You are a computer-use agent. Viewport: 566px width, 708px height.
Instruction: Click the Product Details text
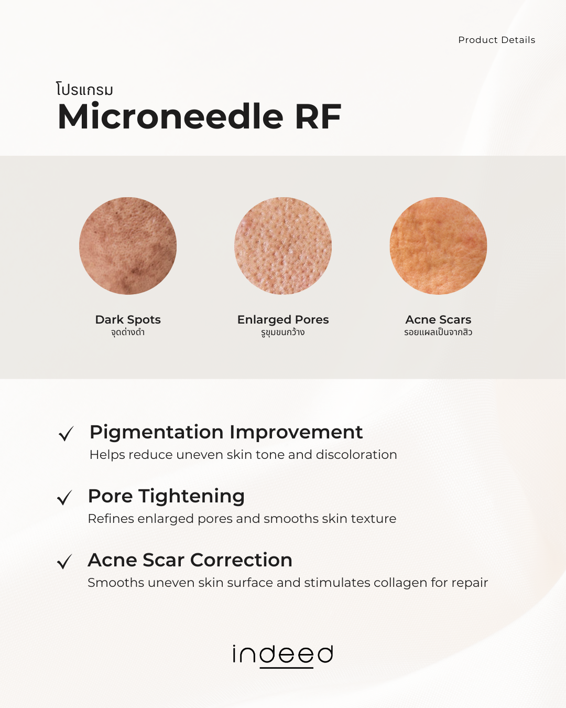coord(496,40)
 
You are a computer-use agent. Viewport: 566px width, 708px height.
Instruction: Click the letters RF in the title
coord(318,116)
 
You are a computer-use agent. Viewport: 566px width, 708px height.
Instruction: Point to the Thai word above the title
coord(85,90)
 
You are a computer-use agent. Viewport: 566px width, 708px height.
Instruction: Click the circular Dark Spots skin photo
coord(128,245)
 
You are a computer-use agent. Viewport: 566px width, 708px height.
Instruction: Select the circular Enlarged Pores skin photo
coord(283,245)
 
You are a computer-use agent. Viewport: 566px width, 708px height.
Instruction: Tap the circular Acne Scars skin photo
coord(438,245)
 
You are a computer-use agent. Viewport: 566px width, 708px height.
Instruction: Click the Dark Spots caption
coord(128,319)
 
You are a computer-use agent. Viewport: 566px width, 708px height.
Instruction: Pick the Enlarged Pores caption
coord(283,319)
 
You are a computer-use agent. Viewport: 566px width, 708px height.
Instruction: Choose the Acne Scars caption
coord(438,319)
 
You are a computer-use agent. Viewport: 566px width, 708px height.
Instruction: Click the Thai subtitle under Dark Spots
coord(128,332)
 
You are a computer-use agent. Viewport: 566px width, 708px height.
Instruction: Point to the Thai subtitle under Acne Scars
coord(438,332)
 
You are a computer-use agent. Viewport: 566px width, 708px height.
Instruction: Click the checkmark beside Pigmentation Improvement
coord(66,434)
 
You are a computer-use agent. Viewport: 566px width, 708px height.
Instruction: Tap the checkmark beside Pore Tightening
coord(64,498)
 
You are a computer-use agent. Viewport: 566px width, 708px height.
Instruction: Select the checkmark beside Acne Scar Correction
coord(64,562)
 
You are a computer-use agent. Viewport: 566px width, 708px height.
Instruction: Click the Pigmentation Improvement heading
coord(226,432)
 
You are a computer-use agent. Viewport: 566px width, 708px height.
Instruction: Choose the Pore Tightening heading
coord(166,496)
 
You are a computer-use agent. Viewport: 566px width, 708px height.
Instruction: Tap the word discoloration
coord(356,455)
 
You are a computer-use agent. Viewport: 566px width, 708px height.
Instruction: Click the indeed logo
coord(283,655)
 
